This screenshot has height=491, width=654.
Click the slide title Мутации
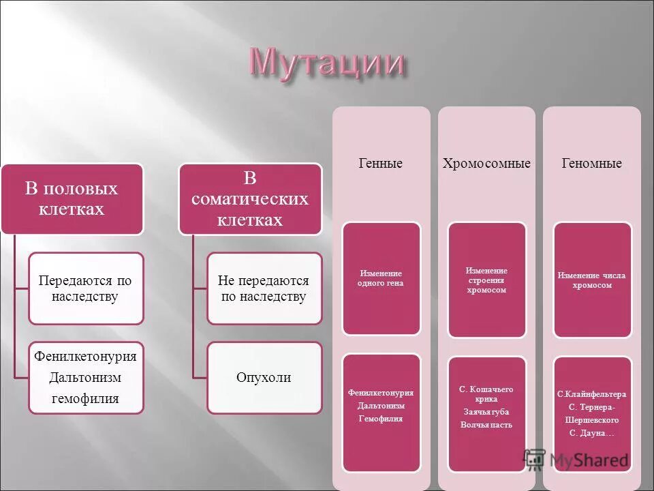(326, 63)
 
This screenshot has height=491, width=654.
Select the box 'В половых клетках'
(72, 198)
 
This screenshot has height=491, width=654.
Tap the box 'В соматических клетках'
(250, 198)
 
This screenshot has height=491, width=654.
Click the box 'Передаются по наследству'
(86, 288)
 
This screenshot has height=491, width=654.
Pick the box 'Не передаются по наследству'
(264, 288)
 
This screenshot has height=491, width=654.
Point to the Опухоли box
(264, 377)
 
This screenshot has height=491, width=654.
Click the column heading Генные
(381, 164)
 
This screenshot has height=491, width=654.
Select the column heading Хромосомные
(486, 164)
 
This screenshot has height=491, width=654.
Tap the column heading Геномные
(591, 164)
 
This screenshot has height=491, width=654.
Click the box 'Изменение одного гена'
(381, 278)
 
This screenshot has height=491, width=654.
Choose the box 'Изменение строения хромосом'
(486, 280)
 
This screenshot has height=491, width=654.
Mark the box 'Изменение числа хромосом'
(591, 280)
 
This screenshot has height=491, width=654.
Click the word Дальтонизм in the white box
(86, 377)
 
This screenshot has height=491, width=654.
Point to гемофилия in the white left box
(86, 398)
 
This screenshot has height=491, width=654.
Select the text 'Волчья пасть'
(486, 425)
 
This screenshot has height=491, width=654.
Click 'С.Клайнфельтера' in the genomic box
(591, 394)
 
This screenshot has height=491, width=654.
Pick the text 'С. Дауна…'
(591, 432)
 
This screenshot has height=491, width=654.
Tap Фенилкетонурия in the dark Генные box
(381, 393)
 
